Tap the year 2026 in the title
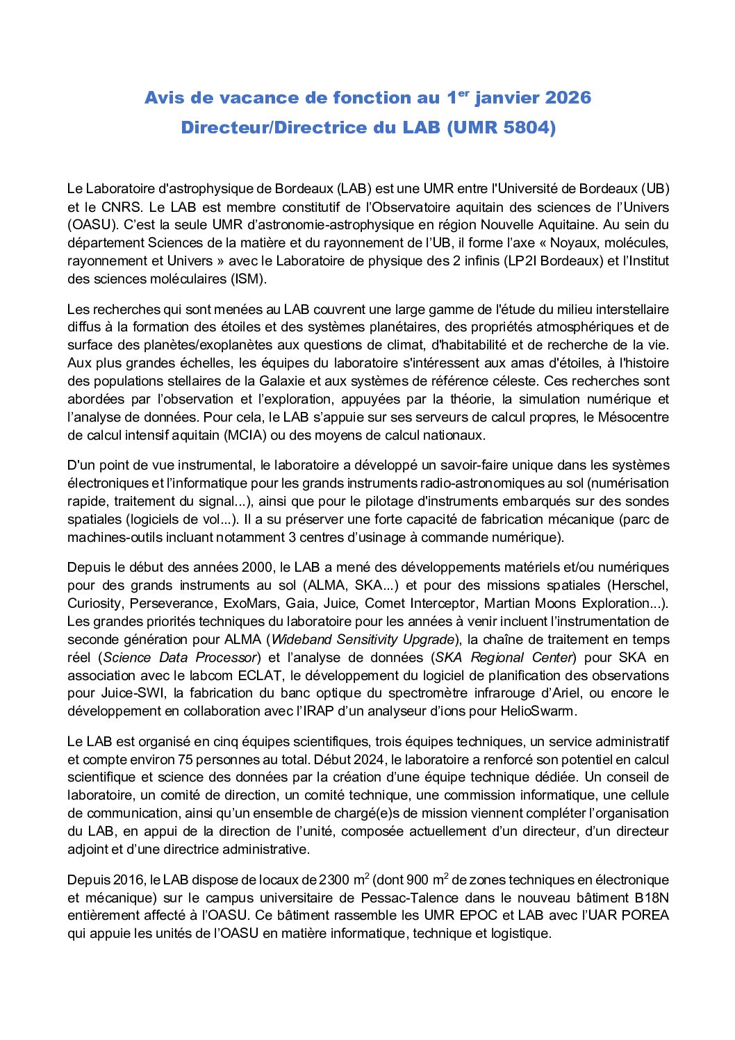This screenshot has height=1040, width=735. (568, 98)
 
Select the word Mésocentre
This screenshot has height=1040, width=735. (631, 418)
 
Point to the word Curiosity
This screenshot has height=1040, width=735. (94, 604)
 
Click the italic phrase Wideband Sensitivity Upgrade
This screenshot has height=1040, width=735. (362, 640)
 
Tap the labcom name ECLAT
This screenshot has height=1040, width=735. (260, 675)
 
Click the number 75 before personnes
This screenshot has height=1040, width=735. (185, 760)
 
